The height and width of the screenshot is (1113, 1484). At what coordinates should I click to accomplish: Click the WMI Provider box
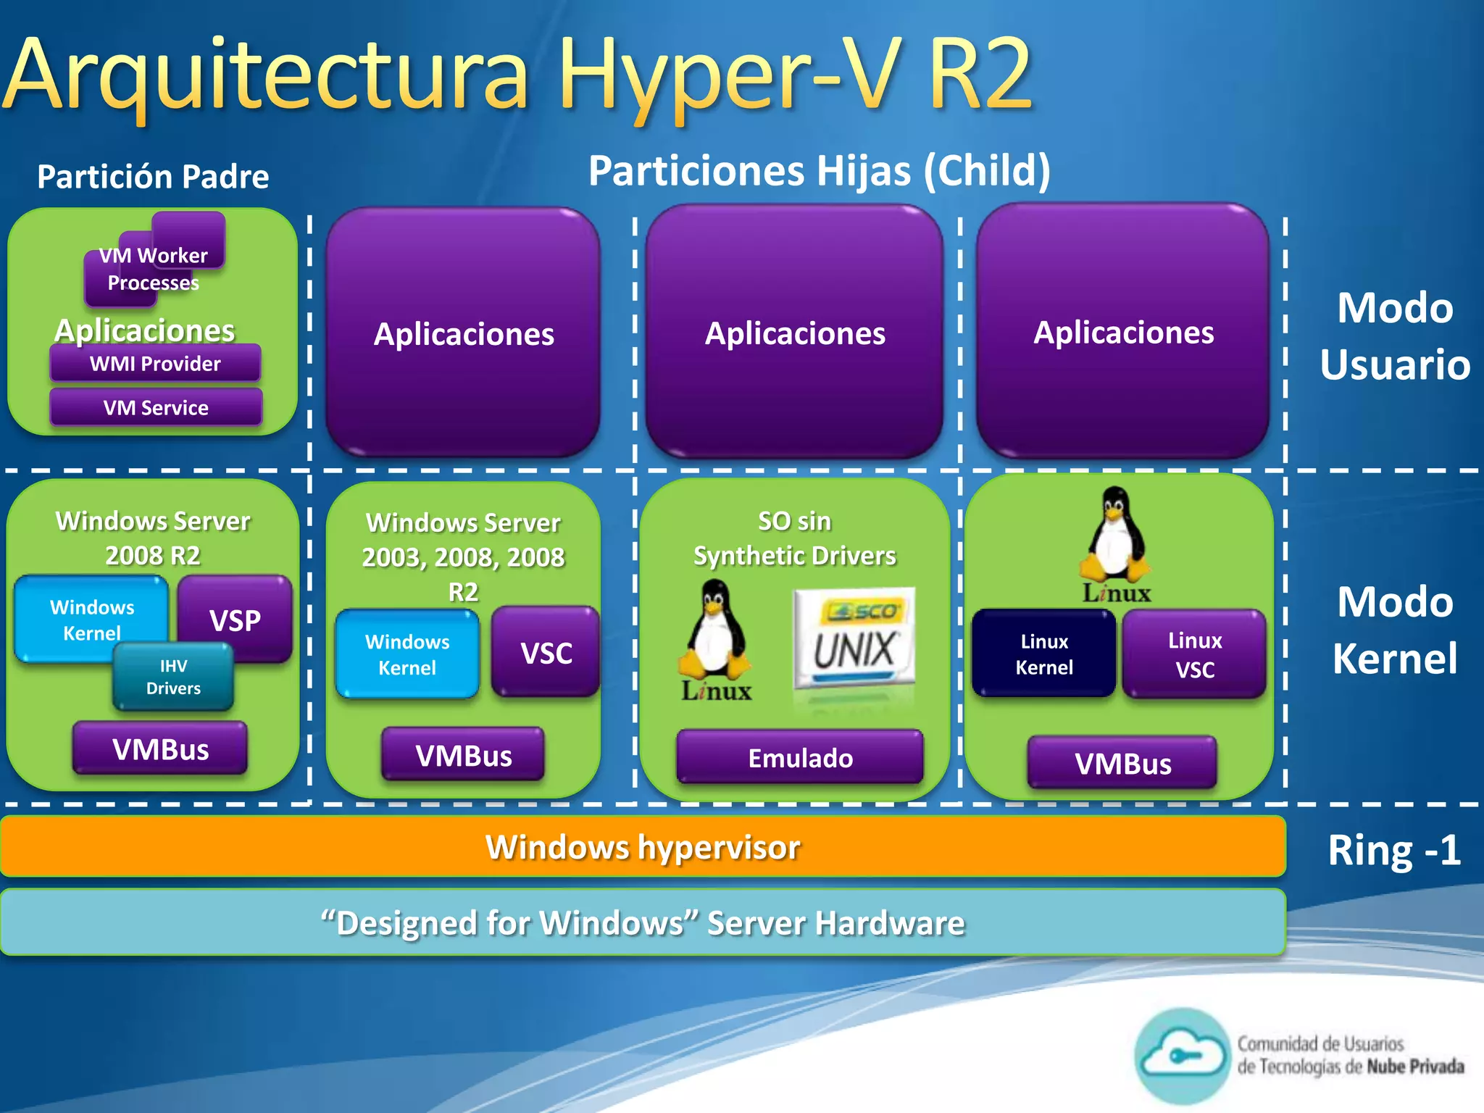tap(155, 363)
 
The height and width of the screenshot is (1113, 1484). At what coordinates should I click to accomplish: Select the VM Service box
tap(155, 407)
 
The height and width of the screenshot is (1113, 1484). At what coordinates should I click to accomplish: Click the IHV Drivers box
tap(173, 678)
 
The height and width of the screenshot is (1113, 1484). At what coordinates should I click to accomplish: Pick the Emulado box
tap(800, 758)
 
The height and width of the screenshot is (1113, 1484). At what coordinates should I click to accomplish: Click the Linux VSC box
tap(1195, 654)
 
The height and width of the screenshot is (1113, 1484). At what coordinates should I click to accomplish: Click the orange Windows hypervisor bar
tap(643, 847)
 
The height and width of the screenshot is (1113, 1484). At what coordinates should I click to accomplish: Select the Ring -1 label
tap(1393, 851)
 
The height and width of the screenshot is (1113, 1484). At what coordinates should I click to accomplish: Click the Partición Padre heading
tap(153, 177)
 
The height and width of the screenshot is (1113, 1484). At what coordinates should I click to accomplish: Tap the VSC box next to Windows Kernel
tap(546, 653)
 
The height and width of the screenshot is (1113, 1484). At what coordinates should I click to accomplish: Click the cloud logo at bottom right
tap(1182, 1056)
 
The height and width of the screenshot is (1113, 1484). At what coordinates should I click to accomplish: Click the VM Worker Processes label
tap(154, 269)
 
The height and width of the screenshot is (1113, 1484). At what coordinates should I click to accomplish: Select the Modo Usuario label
tap(1394, 335)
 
